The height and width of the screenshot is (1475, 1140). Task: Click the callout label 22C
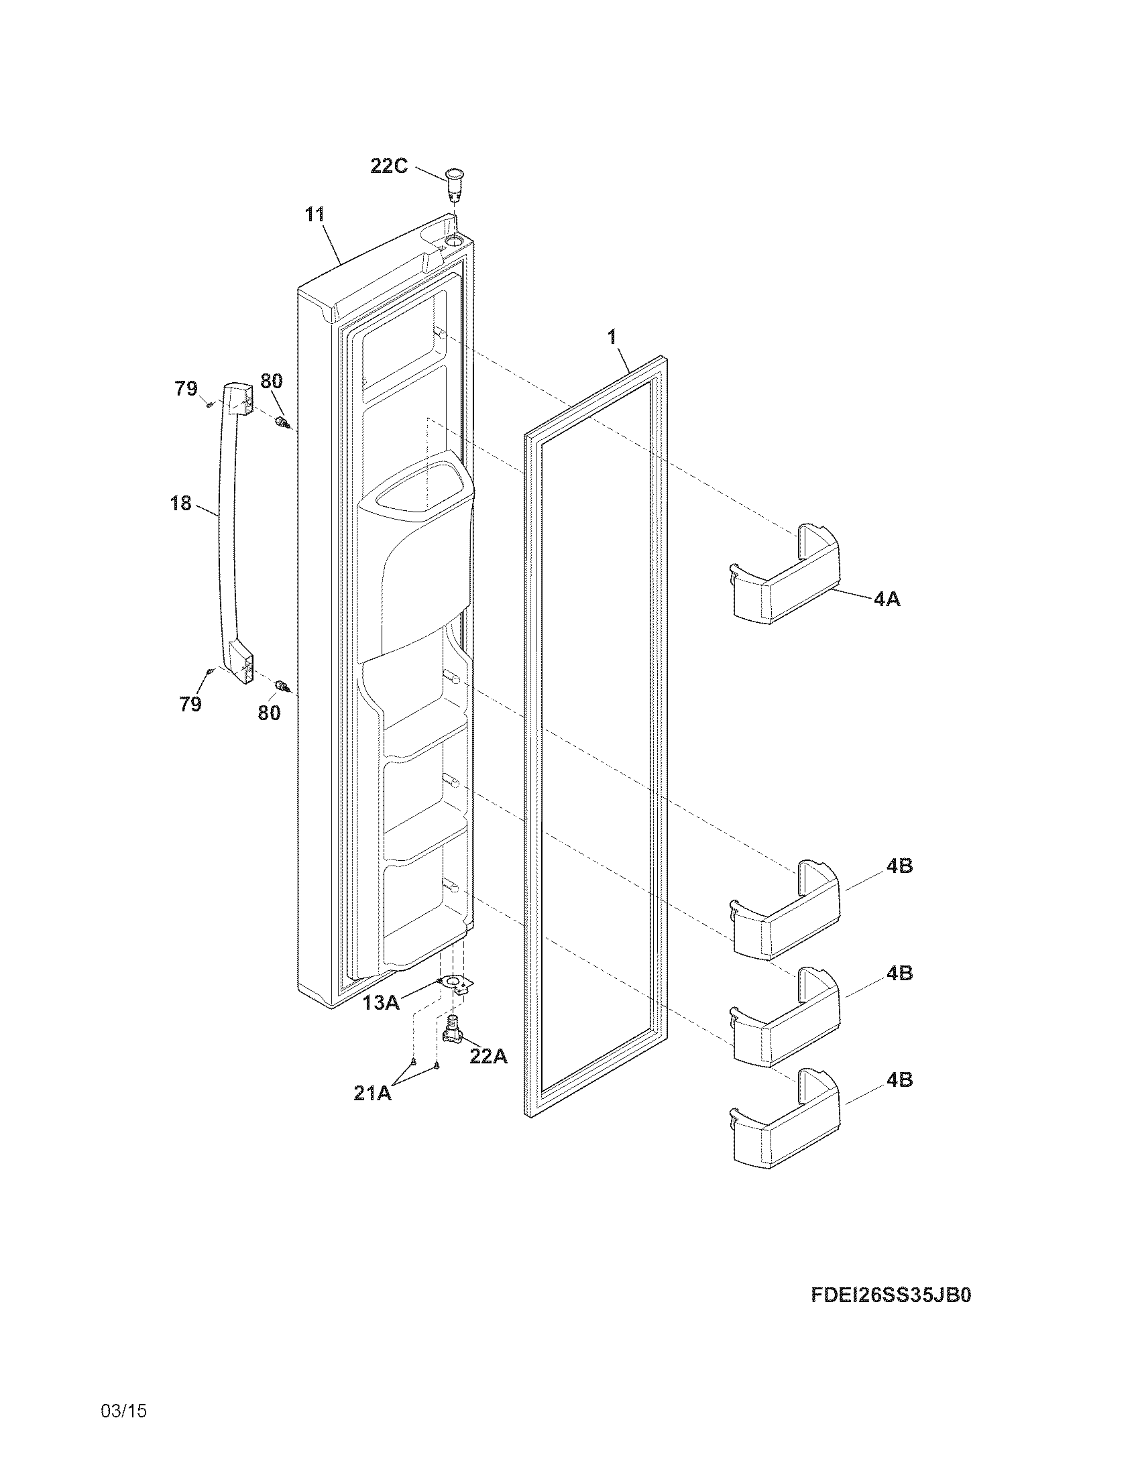tap(389, 166)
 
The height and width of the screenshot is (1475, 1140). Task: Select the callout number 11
tap(315, 215)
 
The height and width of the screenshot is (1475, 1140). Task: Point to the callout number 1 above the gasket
tap(612, 337)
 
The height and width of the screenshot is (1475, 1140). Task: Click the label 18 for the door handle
tap(181, 503)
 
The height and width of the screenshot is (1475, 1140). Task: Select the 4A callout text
tap(887, 598)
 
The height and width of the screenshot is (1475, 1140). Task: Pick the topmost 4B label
tap(899, 866)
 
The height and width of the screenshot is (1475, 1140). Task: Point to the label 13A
tap(381, 1002)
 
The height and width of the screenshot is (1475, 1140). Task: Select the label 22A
tap(488, 1056)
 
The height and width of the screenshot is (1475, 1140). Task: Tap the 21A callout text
tap(372, 1093)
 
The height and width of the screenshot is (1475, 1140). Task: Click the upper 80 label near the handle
tap(272, 381)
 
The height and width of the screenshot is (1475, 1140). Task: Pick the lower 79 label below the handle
tap(190, 705)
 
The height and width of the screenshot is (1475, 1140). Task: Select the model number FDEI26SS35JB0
tap(890, 1296)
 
